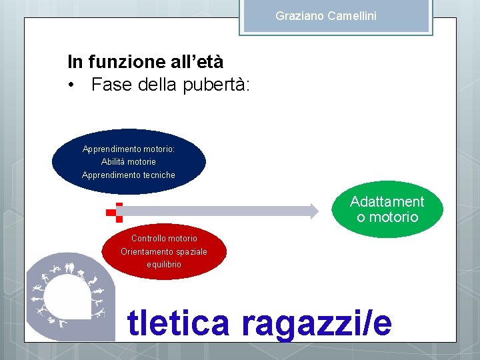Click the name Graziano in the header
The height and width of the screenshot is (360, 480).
[300, 15]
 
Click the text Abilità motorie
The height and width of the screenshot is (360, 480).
[129, 162]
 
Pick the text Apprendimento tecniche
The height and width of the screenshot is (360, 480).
[129, 175]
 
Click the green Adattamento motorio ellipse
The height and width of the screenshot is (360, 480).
[387, 209]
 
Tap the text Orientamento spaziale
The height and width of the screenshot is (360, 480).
[164, 251]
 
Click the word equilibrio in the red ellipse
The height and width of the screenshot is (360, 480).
[164, 265]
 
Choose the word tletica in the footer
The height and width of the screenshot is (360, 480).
[179, 323]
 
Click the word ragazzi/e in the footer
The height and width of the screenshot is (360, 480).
[316, 323]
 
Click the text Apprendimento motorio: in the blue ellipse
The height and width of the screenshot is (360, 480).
[129, 149]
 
